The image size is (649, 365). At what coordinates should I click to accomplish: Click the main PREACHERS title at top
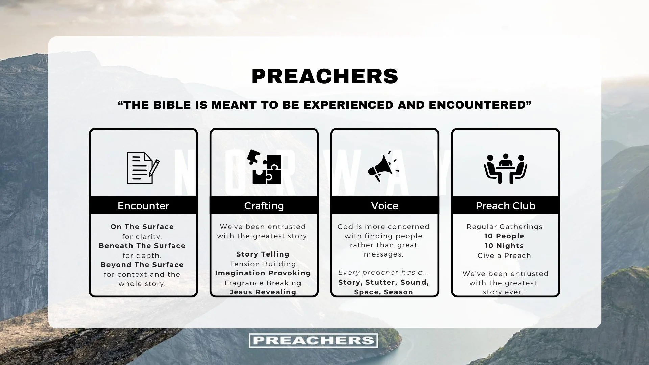pos(324,76)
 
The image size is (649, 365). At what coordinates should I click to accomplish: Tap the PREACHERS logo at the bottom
pos(313,340)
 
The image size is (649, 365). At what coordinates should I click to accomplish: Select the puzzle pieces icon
pos(264,167)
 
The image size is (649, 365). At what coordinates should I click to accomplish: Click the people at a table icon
pos(505,168)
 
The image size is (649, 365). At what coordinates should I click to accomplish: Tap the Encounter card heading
pos(143,205)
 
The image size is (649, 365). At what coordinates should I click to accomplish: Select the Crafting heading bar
pos(264,205)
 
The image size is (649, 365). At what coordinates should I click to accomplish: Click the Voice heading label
pos(385,205)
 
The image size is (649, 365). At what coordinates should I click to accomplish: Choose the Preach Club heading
pos(505,205)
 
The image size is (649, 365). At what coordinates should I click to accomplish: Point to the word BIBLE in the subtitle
pos(172,105)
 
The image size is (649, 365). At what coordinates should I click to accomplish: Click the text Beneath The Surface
pos(142,246)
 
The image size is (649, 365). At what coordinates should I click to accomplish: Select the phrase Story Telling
pos(263,254)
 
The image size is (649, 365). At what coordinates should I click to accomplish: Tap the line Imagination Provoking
pos(263,273)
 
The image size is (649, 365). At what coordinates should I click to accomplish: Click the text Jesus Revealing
pos(263,292)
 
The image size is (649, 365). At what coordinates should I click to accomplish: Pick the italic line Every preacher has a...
pos(383,272)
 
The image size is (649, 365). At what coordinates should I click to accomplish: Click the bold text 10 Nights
pos(504,246)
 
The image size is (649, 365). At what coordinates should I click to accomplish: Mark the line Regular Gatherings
pos(504,227)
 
